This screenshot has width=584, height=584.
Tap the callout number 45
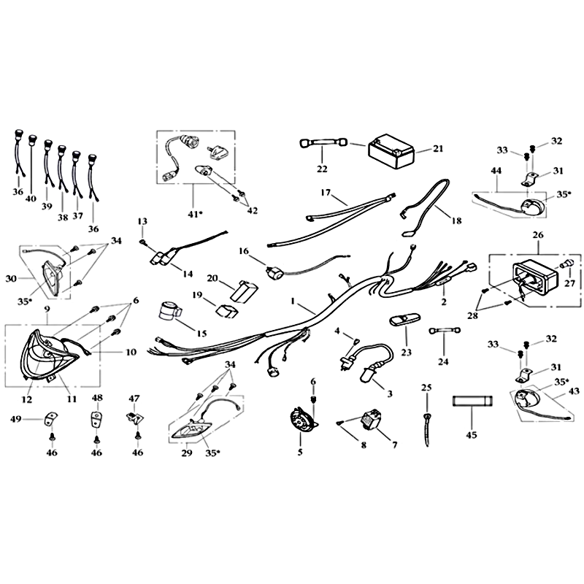point(471,434)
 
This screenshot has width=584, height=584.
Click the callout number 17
point(326,193)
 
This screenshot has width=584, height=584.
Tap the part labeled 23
point(404,321)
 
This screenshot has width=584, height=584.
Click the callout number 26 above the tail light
point(538,235)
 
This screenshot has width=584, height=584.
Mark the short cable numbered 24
point(445,331)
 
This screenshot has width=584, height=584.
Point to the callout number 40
point(31,199)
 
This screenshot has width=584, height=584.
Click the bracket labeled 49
point(50,418)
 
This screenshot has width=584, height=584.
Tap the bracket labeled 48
point(97,418)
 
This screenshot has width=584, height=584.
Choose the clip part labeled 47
point(136,418)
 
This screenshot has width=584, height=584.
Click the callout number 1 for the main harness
point(293,301)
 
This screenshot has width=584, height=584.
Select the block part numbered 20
point(244,291)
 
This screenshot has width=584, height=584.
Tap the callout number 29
point(187,453)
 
